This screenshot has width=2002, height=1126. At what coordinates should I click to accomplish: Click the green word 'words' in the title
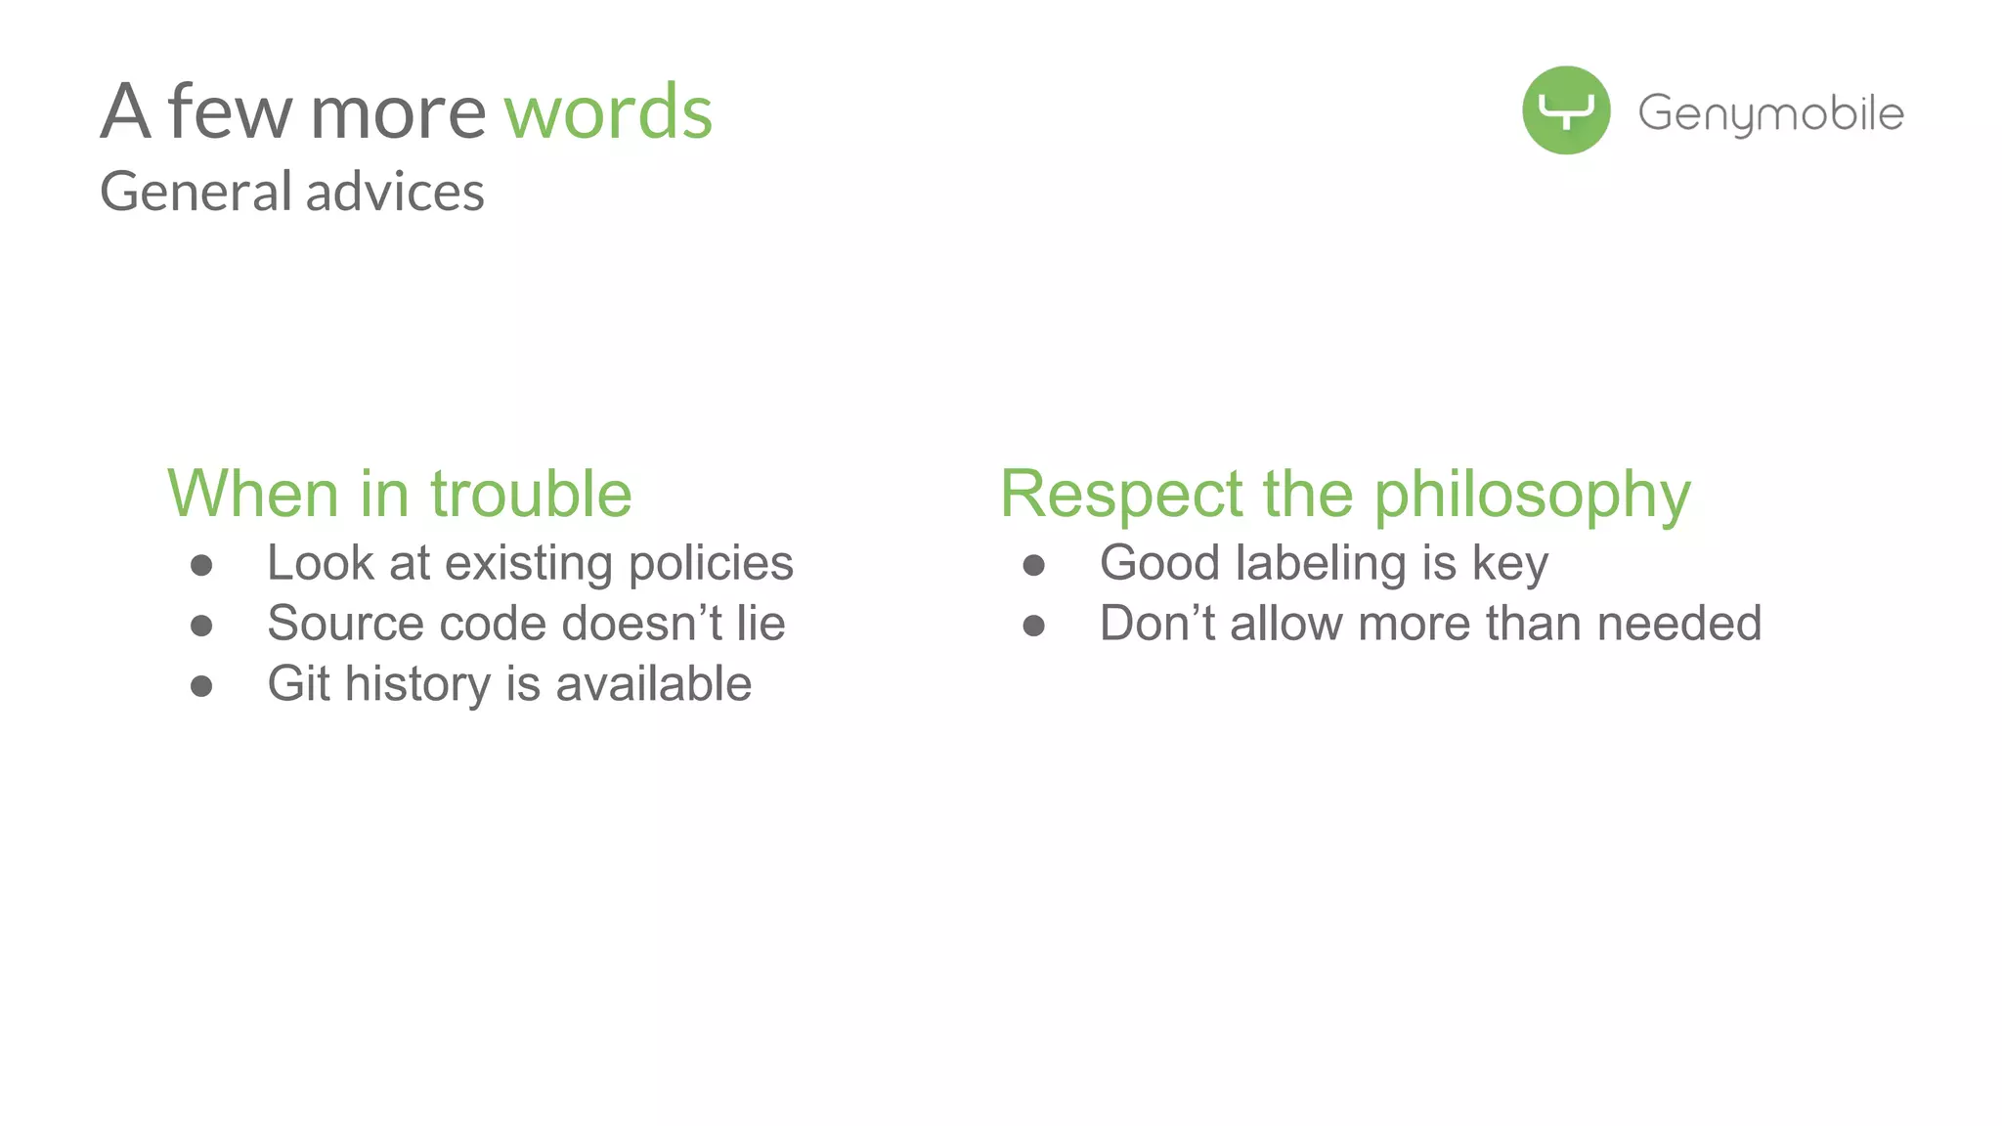[x=608, y=112]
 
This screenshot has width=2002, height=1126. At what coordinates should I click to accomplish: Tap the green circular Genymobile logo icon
[x=1566, y=110]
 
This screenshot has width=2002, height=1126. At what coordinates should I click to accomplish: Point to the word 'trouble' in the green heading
[x=531, y=494]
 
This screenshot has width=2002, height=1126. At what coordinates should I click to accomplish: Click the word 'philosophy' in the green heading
[x=1532, y=496]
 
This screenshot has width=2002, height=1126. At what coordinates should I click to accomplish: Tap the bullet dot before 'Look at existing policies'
[x=201, y=565]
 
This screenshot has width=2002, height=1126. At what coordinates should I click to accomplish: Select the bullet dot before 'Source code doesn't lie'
[x=201, y=626]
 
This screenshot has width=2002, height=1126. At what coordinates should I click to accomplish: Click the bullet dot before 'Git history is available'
[x=201, y=686]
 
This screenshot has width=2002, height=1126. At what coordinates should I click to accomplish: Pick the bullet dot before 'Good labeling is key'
[x=1034, y=565]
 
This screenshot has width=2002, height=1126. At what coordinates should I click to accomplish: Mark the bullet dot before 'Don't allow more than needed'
[x=1034, y=626]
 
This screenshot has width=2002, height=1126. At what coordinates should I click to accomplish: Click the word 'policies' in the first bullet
[x=711, y=564]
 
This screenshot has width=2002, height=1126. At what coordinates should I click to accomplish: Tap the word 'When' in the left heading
[x=253, y=494]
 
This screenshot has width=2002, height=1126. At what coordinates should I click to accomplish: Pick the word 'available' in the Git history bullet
[x=654, y=683]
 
